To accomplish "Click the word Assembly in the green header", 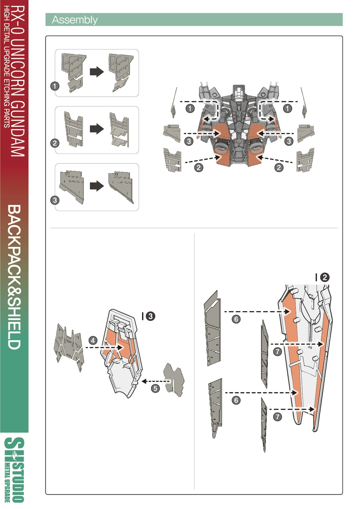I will click(x=75, y=20).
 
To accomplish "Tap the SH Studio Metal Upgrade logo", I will click(x=14, y=470).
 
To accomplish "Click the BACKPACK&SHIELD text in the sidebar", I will click(x=14, y=277).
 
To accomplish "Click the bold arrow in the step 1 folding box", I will click(x=96, y=72).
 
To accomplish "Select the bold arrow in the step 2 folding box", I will click(x=96, y=129).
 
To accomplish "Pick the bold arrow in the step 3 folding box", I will click(x=96, y=186).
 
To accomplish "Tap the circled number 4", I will click(x=93, y=341).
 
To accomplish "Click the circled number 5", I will click(x=155, y=388).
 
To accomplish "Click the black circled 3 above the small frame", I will click(x=150, y=316).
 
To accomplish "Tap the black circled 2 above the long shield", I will click(x=324, y=277).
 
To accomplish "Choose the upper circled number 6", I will click(x=236, y=319).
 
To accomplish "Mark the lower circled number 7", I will click(x=277, y=417).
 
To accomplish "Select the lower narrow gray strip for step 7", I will click(x=264, y=425).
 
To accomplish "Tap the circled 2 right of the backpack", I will click(x=279, y=167).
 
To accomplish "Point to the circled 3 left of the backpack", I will click(x=189, y=141).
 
